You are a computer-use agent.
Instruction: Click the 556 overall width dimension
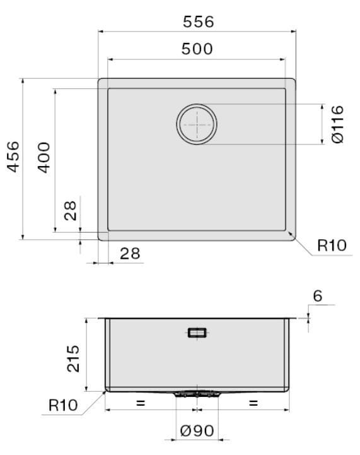[198, 21]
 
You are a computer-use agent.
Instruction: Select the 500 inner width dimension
[197, 49]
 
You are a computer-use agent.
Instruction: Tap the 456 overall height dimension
[13, 157]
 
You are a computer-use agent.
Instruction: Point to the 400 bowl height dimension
[44, 158]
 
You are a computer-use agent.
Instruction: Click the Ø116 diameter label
[337, 124]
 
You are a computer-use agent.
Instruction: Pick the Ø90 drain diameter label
[197, 430]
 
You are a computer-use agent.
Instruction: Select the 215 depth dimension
[73, 358]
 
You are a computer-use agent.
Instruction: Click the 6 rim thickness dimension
[318, 296]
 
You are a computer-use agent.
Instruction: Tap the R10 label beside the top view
[332, 245]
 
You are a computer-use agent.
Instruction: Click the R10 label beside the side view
[63, 405]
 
